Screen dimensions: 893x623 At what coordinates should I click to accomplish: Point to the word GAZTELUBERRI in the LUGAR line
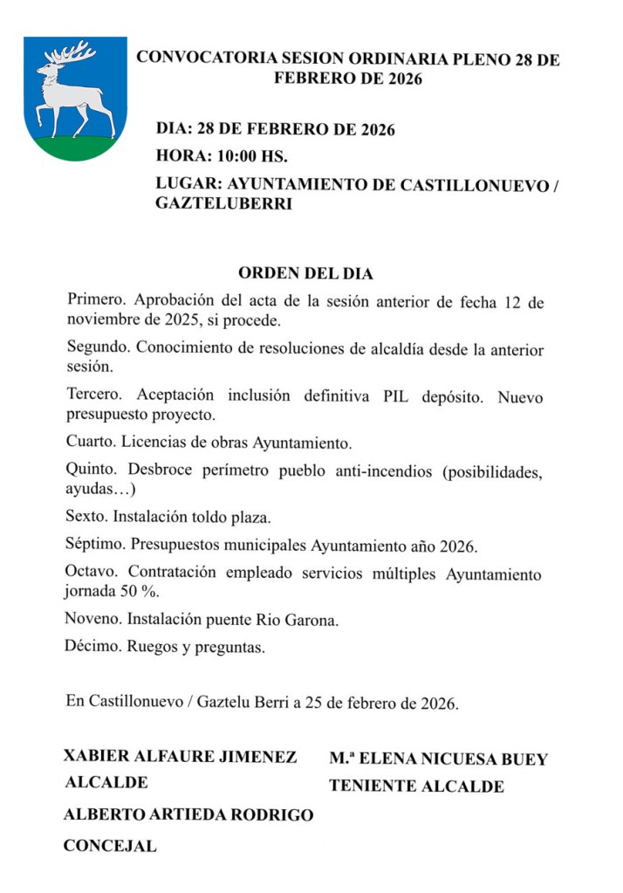(224, 204)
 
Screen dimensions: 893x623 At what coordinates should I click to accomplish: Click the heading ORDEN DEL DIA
(305, 273)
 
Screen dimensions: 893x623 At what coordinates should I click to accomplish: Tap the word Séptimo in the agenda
(96, 546)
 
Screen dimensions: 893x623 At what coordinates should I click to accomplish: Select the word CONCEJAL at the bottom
(110, 846)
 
